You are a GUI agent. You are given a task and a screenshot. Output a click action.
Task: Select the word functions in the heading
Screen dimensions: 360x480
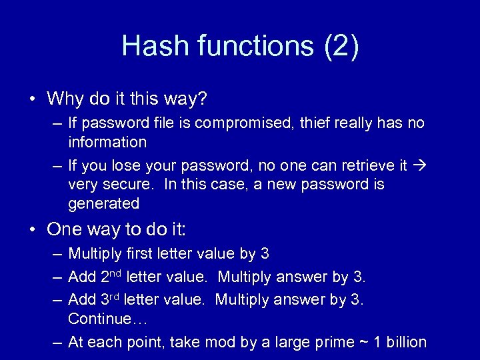[255, 47]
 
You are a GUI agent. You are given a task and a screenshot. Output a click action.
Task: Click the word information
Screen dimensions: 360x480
[107, 142]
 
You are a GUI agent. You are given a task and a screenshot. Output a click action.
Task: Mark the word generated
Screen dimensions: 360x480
[103, 203]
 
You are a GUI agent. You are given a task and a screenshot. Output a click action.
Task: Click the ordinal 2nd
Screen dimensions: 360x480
[110, 275]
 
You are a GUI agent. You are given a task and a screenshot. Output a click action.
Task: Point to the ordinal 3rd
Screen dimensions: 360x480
[109, 298]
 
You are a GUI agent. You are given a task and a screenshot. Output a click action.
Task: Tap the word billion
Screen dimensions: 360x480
[402, 342]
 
